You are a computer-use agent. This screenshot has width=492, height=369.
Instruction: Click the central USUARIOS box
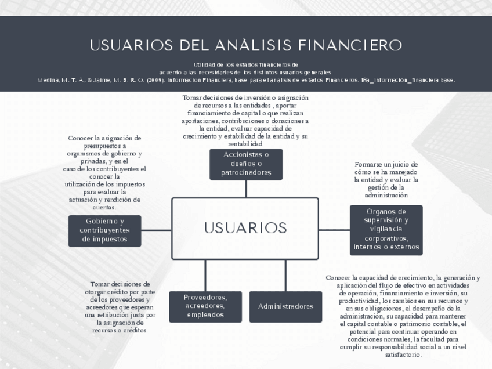(x=245, y=228)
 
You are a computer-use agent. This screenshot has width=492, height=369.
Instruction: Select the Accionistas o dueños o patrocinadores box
(x=246, y=164)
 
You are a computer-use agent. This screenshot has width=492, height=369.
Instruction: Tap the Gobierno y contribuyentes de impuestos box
(x=104, y=230)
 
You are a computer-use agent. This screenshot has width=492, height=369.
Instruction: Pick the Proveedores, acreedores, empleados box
(x=205, y=306)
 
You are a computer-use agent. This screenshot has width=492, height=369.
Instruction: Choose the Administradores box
(x=285, y=306)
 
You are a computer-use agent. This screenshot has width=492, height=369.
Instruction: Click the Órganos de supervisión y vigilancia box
(x=386, y=230)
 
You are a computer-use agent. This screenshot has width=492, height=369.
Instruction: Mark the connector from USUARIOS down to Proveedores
(x=205, y=275)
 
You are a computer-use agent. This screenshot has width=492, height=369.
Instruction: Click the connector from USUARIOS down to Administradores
(x=285, y=275)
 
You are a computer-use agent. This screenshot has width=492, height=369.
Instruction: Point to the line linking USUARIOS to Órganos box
(x=334, y=230)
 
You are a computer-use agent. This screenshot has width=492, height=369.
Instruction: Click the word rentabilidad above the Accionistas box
(x=245, y=144)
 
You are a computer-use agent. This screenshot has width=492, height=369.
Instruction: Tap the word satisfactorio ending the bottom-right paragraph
(x=403, y=354)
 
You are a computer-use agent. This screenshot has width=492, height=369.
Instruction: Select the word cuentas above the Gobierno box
(x=104, y=207)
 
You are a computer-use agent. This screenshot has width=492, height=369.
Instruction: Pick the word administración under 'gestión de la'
(x=386, y=196)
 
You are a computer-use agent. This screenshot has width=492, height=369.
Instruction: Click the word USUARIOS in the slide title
(x=132, y=45)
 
